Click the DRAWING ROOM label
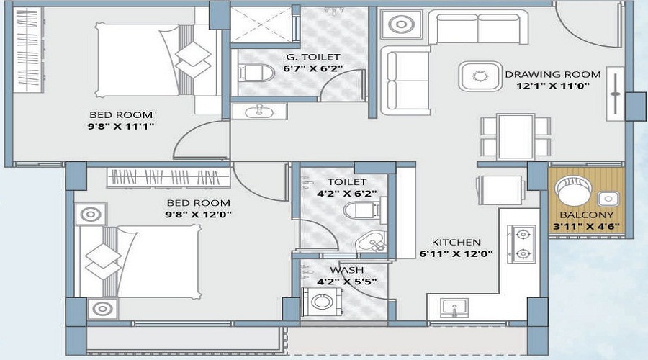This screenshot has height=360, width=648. pyautogui.click(x=552, y=74)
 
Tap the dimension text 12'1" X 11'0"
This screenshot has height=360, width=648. pyautogui.click(x=552, y=86)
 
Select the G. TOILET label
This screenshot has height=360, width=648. pyautogui.click(x=302, y=57)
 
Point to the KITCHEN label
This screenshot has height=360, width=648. pyautogui.click(x=456, y=242)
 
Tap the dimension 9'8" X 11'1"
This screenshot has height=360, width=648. pyautogui.click(x=121, y=126)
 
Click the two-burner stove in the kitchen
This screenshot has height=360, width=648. pyautogui.click(x=522, y=243)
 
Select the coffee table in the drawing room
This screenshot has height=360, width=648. pyautogui.click(x=478, y=75)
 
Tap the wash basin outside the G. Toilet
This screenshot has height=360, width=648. pyautogui.click(x=258, y=112)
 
